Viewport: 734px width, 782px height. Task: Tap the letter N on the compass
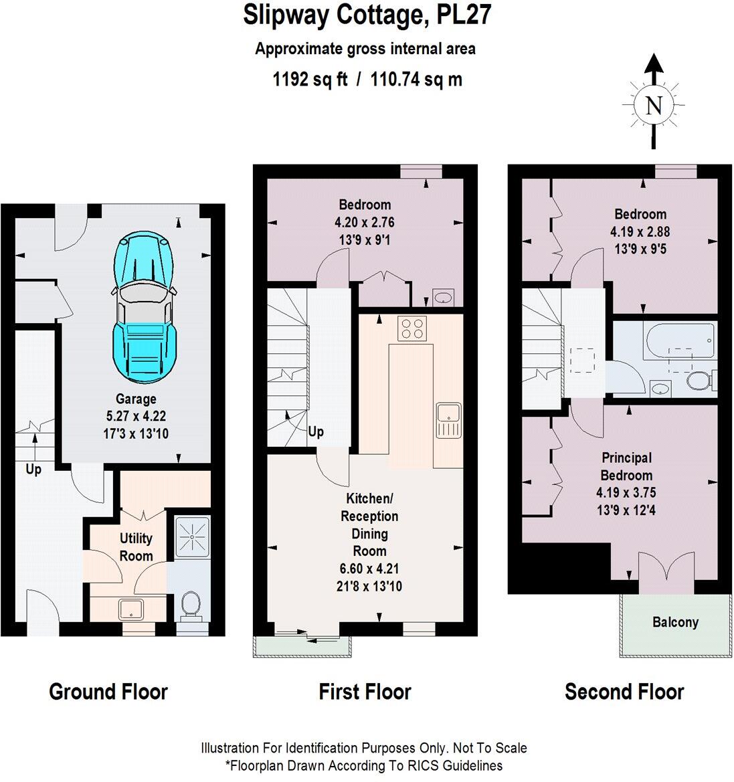click(654, 106)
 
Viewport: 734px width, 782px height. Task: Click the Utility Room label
click(136, 547)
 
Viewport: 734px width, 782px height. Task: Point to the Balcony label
click(675, 622)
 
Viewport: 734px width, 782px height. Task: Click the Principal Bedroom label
click(626, 466)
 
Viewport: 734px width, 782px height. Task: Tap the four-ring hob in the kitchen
click(412, 328)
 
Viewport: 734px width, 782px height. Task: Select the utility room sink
click(131, 609)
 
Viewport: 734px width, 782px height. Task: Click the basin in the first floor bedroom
click(443, 296)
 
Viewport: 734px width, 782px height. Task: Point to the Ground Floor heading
click(108, 691)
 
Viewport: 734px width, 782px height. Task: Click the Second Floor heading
click(624, 691)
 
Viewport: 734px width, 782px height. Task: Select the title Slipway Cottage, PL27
click(367, 15)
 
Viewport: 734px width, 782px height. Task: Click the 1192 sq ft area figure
click(310, 80)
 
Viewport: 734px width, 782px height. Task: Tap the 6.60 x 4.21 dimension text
click(369, 569)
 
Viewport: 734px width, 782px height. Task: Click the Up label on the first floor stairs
click(316, 431)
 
